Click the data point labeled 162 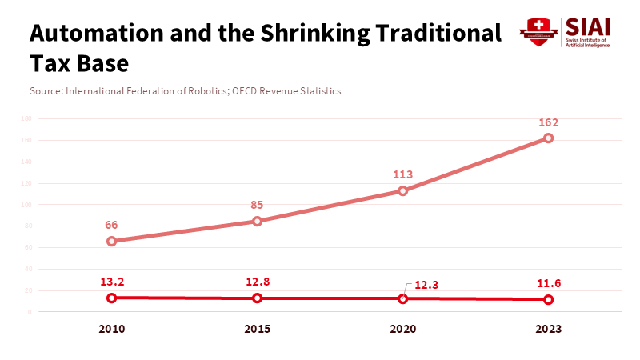click(549, 138)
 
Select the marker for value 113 click(403, 190)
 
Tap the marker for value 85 click(258, 221)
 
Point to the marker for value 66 click(112, 241)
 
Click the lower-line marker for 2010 click(112, 298)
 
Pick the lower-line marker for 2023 click(549, 299)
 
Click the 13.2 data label click(112, 281)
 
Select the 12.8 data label click(258, 281)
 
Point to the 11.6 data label click(549, 282)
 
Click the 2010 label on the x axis click(112, 329)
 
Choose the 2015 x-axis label click(258, 329)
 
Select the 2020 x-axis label click(403, 329)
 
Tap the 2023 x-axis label click(549, 329)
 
